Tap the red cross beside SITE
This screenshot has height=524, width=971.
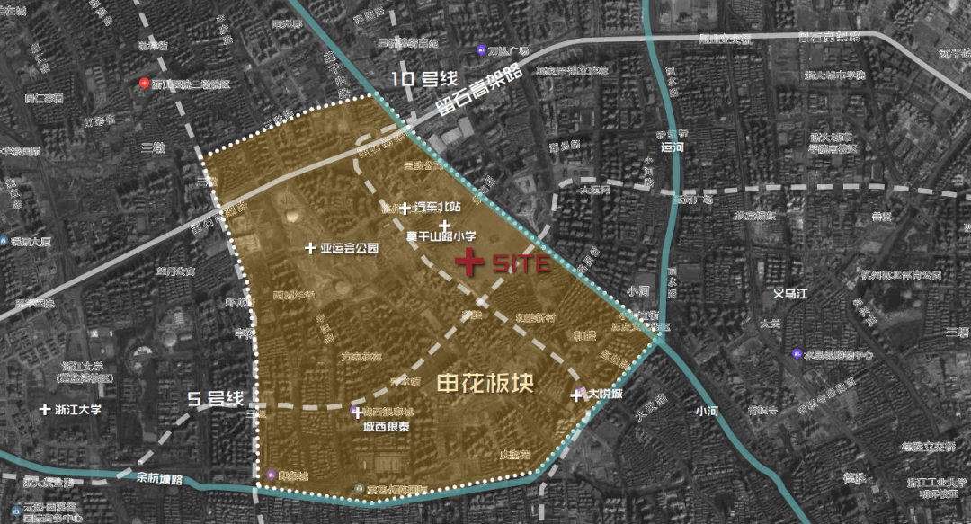pos(469,262)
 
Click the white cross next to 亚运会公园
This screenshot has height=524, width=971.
pos(311,248)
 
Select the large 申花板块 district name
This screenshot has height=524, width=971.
pos(485,384)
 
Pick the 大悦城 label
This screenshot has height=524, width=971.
pos(605,395)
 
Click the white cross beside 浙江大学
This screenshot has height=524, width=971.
pos(45,409)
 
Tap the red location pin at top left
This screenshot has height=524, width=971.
pos(143,84)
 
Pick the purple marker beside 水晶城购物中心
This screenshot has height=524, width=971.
pos(797,354)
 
